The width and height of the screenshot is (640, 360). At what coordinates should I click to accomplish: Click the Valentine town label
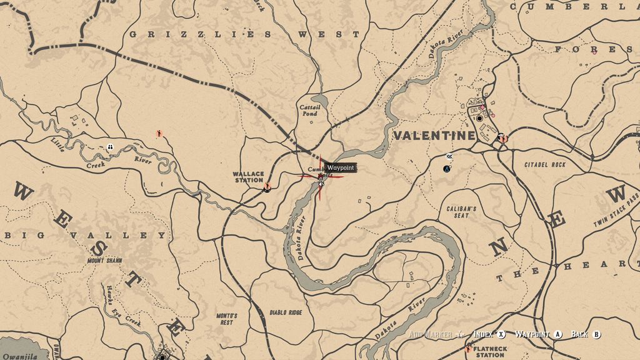434,136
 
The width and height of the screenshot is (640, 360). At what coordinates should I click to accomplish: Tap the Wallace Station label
248,177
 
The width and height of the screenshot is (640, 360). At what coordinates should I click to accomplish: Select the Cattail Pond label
309,111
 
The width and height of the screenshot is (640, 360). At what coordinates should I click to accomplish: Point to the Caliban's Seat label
462,212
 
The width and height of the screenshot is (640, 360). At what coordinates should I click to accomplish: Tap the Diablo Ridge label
286,312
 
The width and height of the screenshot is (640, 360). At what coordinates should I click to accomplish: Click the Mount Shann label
104,260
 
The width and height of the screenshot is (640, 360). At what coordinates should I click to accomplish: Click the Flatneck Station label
489,351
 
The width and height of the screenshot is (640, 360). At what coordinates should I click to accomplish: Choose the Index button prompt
489,334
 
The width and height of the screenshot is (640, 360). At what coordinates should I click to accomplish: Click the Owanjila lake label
19,356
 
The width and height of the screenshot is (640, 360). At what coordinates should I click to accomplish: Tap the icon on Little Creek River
110,147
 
